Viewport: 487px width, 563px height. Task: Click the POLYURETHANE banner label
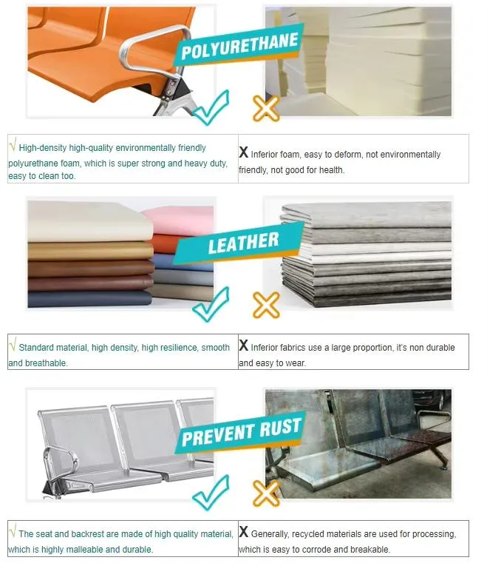point(239,46)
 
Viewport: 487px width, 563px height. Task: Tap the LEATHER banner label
point(244,243)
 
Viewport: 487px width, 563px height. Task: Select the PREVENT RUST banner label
point(241,432)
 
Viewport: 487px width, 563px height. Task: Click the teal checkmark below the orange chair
point(211,107)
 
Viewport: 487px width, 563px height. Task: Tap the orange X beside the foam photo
point(266,108)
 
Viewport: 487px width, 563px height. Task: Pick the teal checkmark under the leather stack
point(211,304)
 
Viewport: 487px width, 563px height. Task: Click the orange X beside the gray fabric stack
point(266,305)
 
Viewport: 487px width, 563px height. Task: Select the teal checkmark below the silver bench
point(211,492)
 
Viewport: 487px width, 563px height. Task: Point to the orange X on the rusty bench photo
point(266,493)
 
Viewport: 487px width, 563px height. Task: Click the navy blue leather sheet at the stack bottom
point(89,299)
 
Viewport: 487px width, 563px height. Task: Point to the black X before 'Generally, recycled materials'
point(244,531)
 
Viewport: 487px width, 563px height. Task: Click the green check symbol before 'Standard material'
point(13,345)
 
